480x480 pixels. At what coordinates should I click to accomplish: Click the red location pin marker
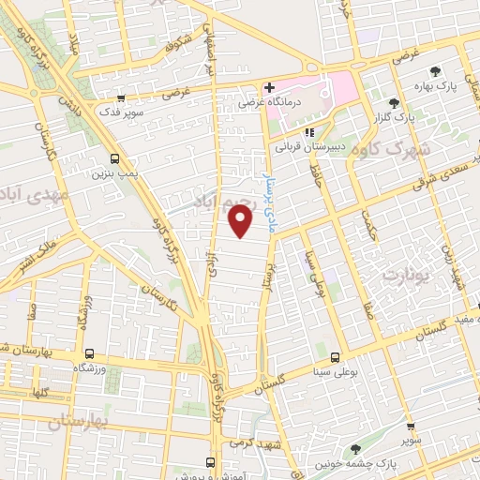point(241,222)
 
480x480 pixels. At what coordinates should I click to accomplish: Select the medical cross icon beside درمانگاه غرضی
point(268,88)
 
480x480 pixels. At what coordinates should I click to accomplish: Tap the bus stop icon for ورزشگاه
point(89,353)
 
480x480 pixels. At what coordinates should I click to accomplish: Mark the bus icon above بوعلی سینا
point(335,355)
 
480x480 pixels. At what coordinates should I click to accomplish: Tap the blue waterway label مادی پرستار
point(271,202)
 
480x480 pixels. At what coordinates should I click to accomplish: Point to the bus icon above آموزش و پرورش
point(210,462)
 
